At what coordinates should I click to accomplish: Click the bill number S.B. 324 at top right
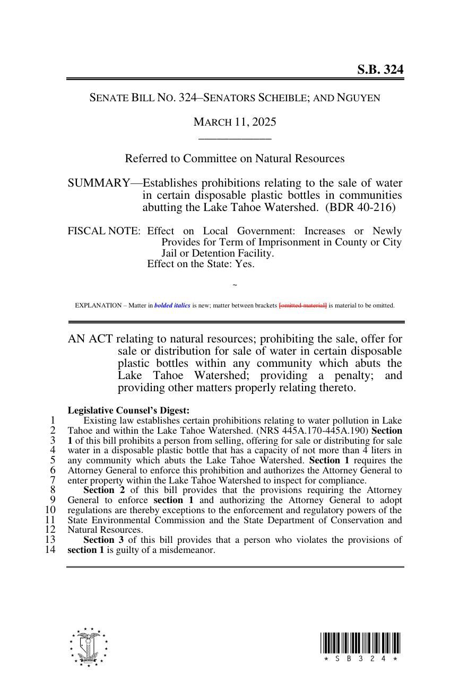click(x=379, y=69)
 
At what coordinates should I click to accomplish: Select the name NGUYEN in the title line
click(x=359, y=98)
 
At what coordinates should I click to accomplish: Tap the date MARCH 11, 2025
click(x=235, y=122)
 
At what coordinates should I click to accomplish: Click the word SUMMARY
click(x=98, y=183)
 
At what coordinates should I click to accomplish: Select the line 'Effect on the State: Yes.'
click(x=201, y=264)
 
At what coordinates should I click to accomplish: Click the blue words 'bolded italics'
click(x=172, y=305)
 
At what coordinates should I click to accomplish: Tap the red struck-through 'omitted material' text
click(x=303, y=305)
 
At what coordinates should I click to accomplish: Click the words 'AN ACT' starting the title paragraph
click(x=90, y=339)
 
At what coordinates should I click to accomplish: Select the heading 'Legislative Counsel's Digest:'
click(x=128, y=410)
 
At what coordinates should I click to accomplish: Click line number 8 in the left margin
click(x=53, y=490)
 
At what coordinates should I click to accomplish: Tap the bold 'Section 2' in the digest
click(x=104, y=490)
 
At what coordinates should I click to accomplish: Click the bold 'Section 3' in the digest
click(x=104, y=540)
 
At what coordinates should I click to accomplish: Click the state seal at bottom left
click(x=88, y=647)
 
